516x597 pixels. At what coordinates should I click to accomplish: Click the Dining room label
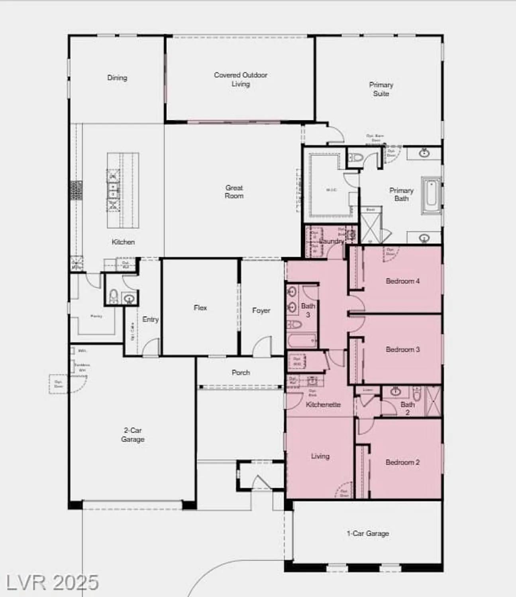click(x=117, y=78)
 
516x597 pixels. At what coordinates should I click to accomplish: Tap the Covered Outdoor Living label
click(x=241, y=79)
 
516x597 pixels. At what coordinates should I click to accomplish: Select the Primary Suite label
click(x=381, y=89)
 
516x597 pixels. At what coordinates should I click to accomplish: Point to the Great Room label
click(x=234, y=191)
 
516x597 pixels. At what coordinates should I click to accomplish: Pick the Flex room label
click(x=200, y=308)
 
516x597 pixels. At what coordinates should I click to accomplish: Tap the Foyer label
click(x=261, y=310)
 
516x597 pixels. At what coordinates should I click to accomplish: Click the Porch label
click(x=241, y=373)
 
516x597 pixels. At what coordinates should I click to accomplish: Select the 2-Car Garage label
click(x=133, y=435)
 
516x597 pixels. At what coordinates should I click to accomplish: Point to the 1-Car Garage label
click(x=367, y=533)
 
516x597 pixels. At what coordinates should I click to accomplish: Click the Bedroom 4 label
click(x=402, y=281)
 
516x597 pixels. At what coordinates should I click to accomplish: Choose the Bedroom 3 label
click(x=402, y=349)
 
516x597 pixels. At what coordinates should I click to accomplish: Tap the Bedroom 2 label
click(x=402, y=462)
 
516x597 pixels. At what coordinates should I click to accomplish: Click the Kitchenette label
click(x=323, y=404)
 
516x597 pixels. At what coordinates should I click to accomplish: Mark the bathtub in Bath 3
click(x=302, y=341)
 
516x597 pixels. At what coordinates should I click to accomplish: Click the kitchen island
click(x=123, y=190)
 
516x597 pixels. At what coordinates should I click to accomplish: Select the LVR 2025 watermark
click(x=52, y=583)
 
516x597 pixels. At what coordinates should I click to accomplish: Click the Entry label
click(x=150, y=319)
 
